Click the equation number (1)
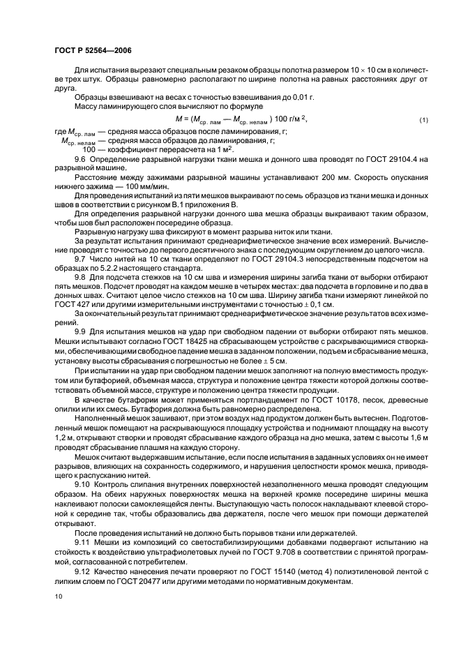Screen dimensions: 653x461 (423, 121)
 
